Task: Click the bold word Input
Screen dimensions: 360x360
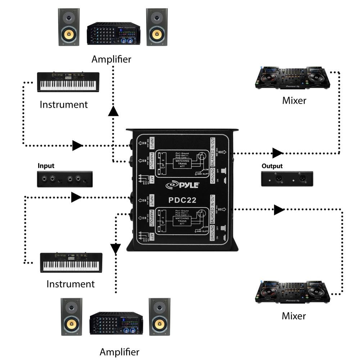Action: pos(46,166)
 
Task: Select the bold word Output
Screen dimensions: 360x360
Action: pos(273,166)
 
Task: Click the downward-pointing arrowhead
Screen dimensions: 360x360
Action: pos(116,248)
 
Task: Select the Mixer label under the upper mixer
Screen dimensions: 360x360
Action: pos(294,100)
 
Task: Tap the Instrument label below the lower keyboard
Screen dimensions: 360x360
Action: pos(71,284)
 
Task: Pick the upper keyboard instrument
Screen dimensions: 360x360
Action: pos(68,82)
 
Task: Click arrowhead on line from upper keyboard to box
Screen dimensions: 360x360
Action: pos(77,145)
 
